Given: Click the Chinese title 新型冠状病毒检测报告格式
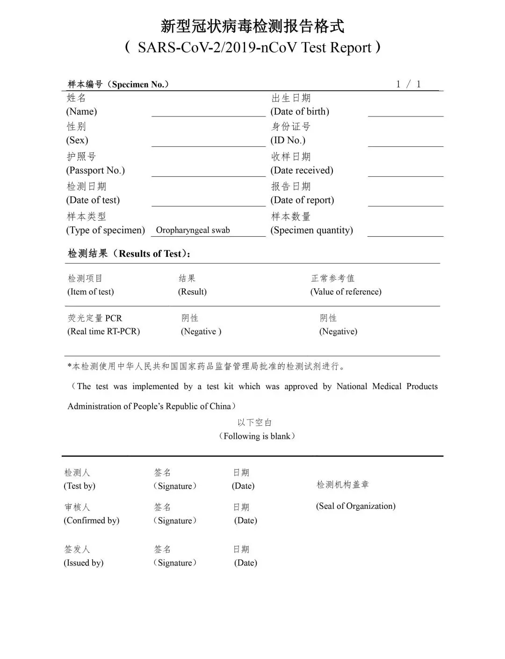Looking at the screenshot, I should (x=252, y=26).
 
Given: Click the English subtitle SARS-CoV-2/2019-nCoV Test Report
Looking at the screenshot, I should (x=252, y=47).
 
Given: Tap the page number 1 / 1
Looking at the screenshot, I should (x=408, y=84).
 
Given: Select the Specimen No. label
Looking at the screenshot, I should (x=118, y=85).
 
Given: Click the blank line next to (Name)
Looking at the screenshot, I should (x=208, y=112).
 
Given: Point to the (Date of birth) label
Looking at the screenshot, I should (x=300, y=111).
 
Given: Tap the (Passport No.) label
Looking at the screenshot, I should (x=95, y=170).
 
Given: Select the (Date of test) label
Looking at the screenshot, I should (x=93, y=200).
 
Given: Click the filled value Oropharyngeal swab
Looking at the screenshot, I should (x=193, y=230).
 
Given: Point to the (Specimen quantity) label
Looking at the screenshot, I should (x=311, y=230).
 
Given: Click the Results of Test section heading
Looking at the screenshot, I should (x=129, y=253).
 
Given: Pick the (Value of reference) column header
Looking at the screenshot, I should (x=346, y=292).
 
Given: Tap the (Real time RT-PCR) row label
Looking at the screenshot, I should (x=103, y=332).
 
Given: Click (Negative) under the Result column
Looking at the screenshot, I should (x=201, y=332).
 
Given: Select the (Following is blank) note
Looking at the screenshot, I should (x=257, y=436).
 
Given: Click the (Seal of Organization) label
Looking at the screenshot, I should (x=355, y=506).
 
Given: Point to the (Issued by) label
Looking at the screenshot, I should (x=83, y=563).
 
